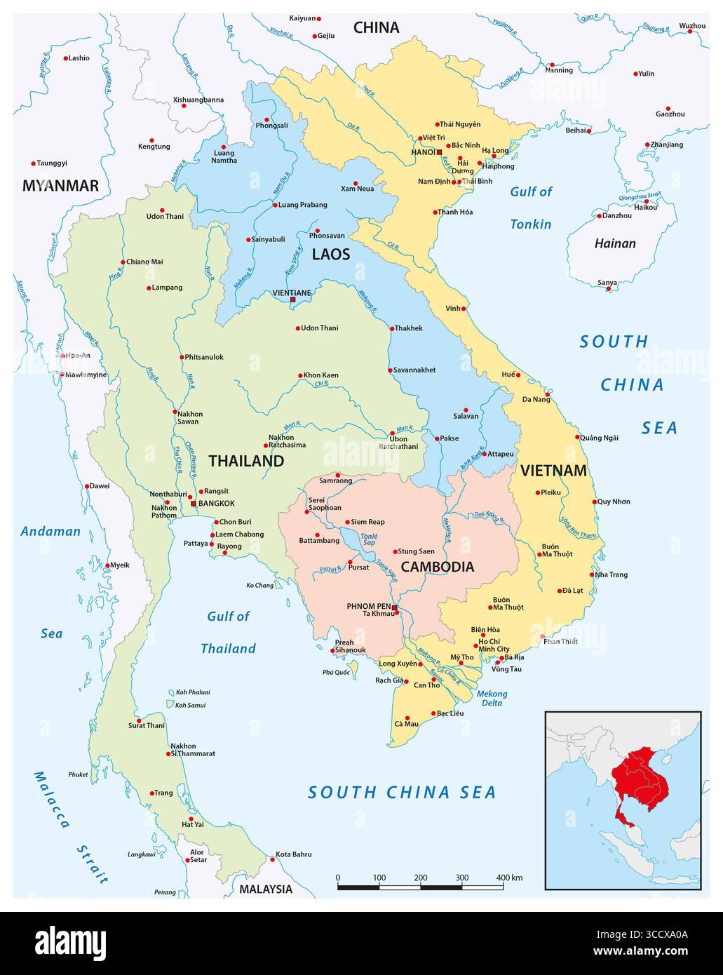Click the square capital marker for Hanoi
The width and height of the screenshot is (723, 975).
click(440, 152)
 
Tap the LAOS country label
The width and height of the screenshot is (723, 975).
click(330, 254)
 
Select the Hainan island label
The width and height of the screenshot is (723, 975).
click(615, 243)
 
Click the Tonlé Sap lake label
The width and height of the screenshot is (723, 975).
click(369, 539)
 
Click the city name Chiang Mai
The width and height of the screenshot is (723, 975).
click(144, 262)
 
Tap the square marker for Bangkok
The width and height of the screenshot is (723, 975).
click(194, 504)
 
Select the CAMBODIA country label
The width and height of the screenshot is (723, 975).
click(437, 567)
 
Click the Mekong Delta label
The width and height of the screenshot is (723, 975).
click(492, 698)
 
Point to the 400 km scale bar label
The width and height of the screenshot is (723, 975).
click(510, 877)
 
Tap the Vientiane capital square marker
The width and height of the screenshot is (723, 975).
click(293, 300)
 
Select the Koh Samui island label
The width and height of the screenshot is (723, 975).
click(191, 705)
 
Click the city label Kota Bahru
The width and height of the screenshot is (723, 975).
click(294, 854)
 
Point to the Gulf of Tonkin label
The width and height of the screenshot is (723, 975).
click(531, 208)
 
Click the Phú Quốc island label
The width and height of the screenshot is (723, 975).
click(335, 672)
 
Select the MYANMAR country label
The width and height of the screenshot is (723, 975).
click(60, 186)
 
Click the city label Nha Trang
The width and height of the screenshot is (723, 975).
click(611, 574)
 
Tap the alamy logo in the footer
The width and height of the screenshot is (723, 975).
click(70, 943)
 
